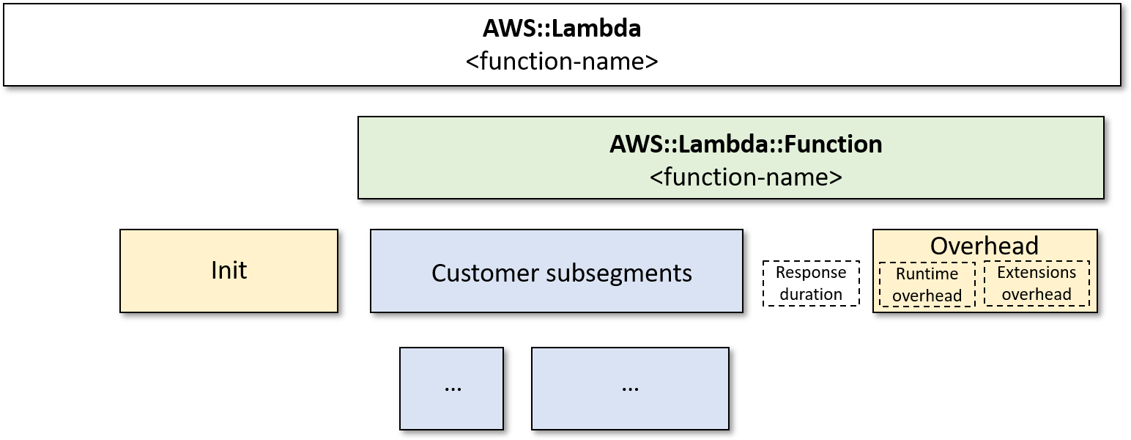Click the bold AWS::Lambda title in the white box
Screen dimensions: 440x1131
[561, 29]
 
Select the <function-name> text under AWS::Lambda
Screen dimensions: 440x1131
[561, 60]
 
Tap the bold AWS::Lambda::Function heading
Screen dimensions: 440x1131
[745, 144]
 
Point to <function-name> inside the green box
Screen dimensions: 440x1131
[745, 177]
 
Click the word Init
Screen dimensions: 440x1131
[229, 271]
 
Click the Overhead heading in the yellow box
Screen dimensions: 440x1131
[984, 246]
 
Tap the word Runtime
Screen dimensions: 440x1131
[927, 274]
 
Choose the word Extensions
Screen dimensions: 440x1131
[1037, 273]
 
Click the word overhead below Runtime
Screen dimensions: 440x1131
[927, 296]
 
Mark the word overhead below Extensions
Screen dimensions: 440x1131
[1037, 295]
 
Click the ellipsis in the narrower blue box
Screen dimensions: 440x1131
[453, 387]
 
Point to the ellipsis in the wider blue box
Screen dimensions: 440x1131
[629, 387]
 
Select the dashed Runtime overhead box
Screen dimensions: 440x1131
[927, 285]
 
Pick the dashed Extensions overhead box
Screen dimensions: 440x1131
[1037, 284]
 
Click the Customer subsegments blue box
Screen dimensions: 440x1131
[556, 293]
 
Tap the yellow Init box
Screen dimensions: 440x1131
[229, 293]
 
